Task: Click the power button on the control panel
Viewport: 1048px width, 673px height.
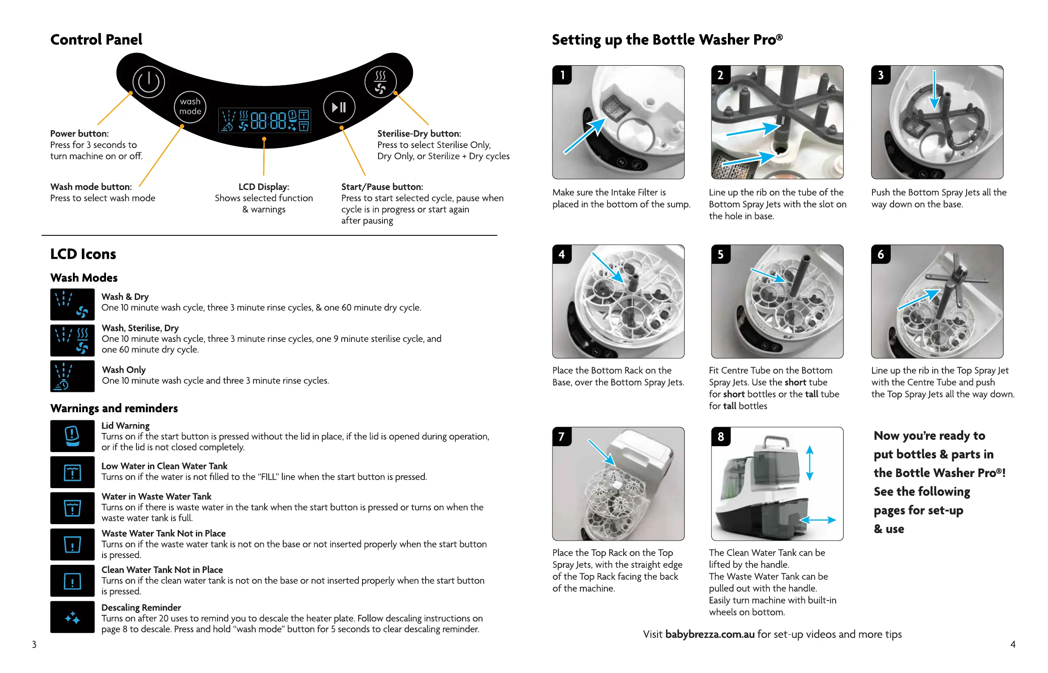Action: point(148,82)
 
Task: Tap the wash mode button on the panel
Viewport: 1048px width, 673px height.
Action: point(190,106)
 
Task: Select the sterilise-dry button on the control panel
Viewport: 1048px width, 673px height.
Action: point(380,82)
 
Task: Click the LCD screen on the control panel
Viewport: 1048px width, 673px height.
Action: point(265,120)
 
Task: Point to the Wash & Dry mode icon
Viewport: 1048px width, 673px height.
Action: point(72,304)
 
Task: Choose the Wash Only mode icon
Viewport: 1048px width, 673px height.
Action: point(72,376)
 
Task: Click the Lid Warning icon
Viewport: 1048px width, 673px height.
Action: point(72,436)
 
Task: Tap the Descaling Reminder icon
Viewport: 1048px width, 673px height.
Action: point(72,617)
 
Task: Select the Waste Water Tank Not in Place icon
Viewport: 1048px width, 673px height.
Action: point(72,544)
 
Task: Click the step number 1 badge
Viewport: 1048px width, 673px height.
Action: point(562,75)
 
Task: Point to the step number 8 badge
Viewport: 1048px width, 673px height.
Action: point(720,436)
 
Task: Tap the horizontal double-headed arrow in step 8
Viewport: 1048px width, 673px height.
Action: point(817,519)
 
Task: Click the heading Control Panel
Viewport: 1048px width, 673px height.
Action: point(96,40)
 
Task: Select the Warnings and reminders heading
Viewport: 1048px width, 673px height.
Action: point(114,408)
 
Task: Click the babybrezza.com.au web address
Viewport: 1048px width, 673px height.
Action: point(709,634)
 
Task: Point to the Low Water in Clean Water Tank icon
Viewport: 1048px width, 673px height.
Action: point(72,472)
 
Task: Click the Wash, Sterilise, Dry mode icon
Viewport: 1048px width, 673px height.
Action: point(72,340)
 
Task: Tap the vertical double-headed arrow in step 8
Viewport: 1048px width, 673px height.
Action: point(809,463)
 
